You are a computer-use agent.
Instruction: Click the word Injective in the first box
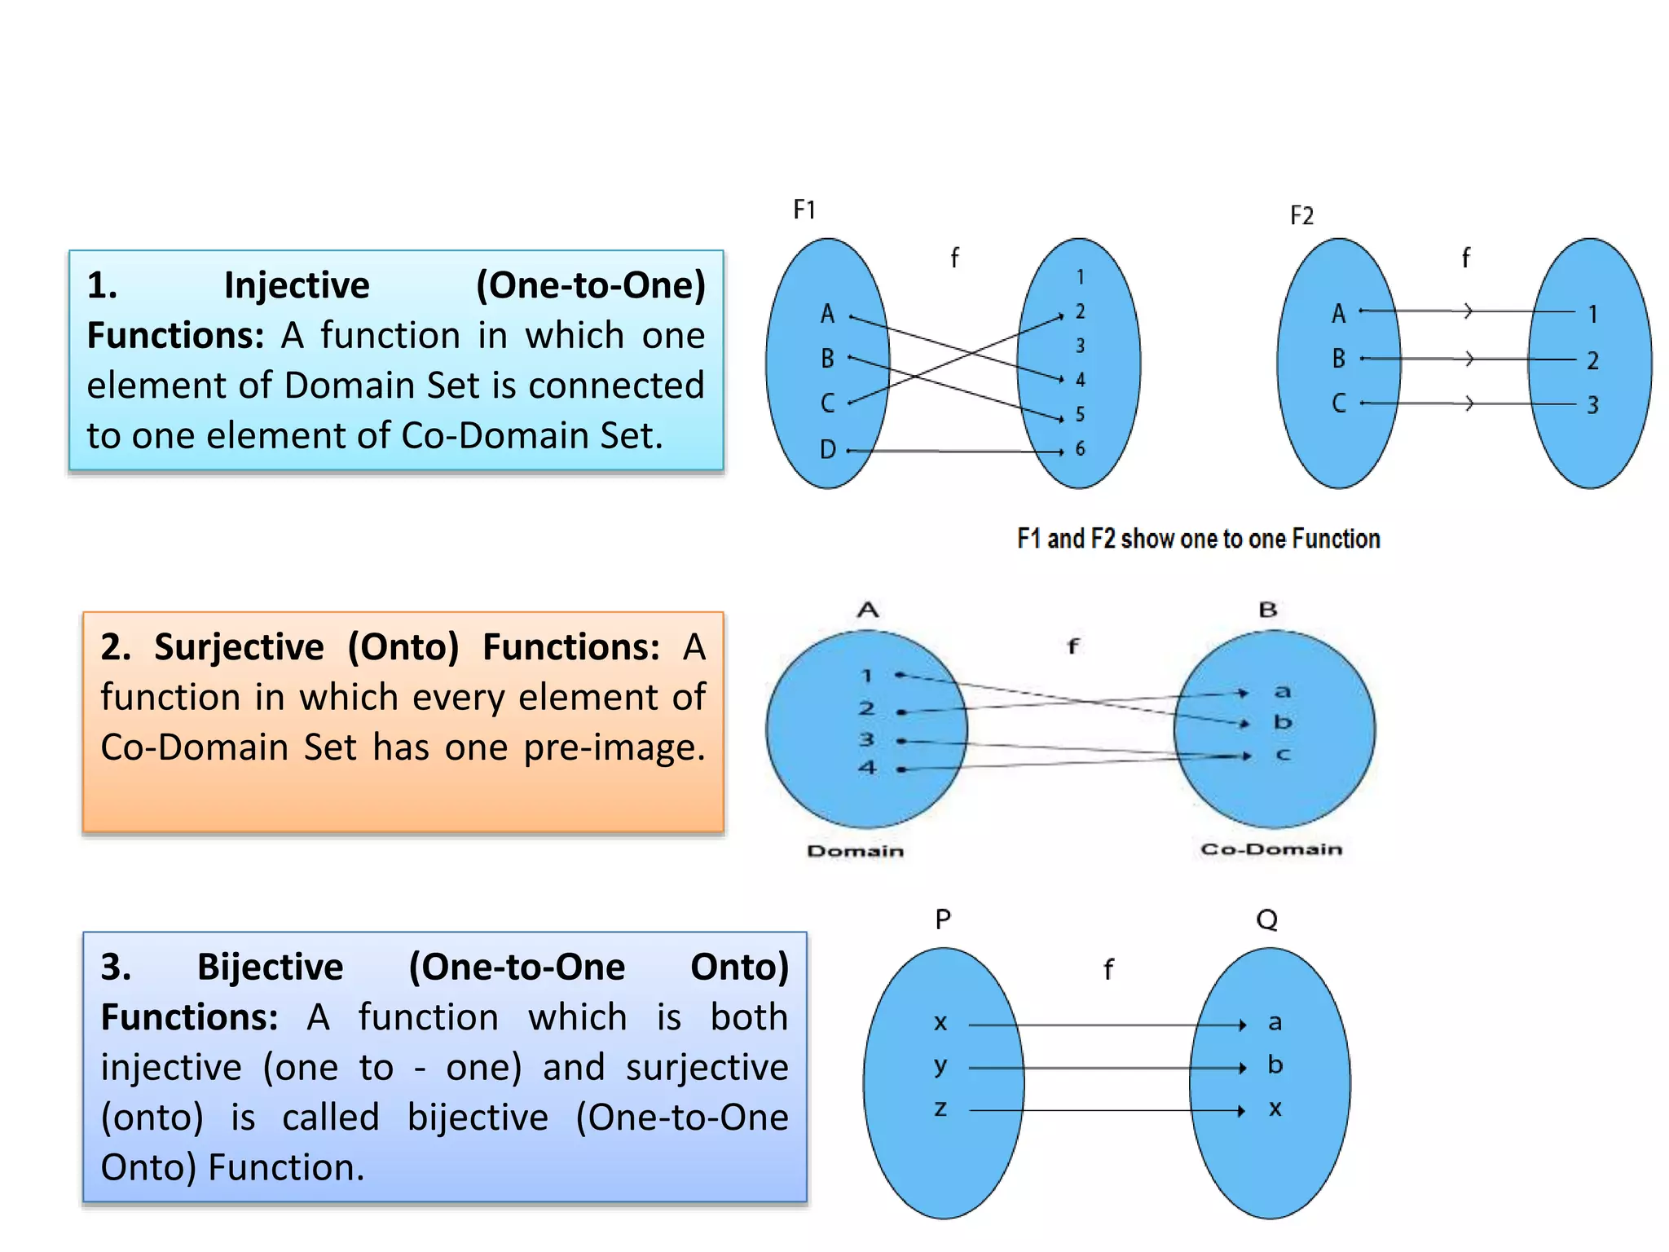click(297, 286)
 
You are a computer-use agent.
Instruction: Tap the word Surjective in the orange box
click(239, 648)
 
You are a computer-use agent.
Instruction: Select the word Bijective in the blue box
click(270, 968)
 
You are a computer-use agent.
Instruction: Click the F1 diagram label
click(804, 210)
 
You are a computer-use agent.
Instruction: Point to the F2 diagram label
click(1301, 216)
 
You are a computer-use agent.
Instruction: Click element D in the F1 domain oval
click(827, 449)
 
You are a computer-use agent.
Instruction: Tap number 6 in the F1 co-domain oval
click(1080, 448)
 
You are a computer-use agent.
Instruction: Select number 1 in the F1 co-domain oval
click(1080, 278)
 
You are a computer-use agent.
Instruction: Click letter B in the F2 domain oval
click(1338, 359)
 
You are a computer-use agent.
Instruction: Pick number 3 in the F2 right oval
click(1592, 405)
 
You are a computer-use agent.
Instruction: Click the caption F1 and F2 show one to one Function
click(1198, 539)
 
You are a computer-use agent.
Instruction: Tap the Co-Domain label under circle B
click(1270, 849)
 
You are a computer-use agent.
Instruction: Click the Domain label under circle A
click(855, 851)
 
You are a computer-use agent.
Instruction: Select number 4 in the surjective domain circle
click(867, 768)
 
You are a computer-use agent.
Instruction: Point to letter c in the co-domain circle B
click(1283, 755)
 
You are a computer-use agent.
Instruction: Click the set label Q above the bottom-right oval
click(1266, 920)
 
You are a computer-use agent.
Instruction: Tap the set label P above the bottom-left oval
click(943, 920)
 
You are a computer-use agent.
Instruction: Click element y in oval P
click(940, 1066)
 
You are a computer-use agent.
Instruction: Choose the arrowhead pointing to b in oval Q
click(1242, 1068)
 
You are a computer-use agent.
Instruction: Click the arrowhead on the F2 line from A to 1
click(1469, 311)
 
